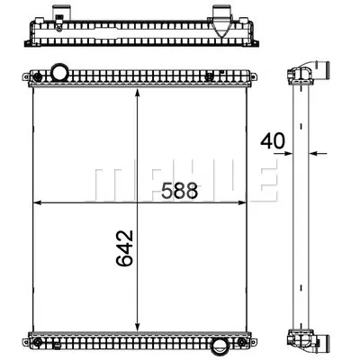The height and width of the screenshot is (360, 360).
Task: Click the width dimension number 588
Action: [x=180, y=190]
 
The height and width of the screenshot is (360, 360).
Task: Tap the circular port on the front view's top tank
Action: [x=60, y=71]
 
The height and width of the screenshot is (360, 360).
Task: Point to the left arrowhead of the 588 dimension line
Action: [x=37, y=204]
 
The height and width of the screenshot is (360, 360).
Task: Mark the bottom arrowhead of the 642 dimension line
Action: [x=136, y=328]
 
